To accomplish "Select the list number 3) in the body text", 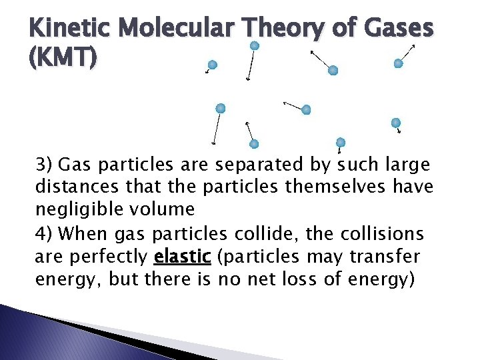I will click(x=45, y=164).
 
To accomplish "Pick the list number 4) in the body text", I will click(x=45, y=234).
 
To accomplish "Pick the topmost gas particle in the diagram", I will click(x=254, y=45).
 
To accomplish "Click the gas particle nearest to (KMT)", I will click(x=212, y=65).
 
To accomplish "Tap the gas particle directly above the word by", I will click(x=341, y=142).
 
